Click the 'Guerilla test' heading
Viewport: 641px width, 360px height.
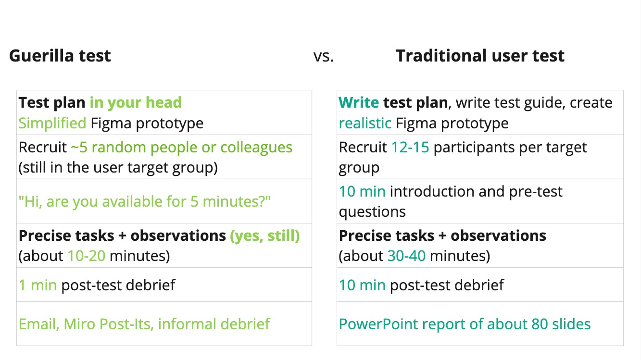[60, 55]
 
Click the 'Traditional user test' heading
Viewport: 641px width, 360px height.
[480, 55]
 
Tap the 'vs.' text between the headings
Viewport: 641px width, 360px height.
[324, 57]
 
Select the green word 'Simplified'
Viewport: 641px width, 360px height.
[52, 124]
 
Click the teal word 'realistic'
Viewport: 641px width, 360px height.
[365, 123]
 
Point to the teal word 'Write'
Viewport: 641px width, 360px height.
[359, 102]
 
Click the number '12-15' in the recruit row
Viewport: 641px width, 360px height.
[410, 148]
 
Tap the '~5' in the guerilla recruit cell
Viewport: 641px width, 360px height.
[79, 148]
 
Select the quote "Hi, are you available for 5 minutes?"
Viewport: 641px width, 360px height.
[145, 201]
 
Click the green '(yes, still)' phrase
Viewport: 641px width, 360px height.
[265, 236]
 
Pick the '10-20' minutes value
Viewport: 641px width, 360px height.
[87, 256]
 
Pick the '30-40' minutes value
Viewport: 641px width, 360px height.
[406, 256]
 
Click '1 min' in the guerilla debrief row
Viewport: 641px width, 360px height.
[38, 285]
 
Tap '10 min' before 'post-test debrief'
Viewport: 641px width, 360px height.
[362, 285]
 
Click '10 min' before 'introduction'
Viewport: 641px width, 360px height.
[362, 191]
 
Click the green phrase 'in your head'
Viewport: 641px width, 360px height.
[136, 103]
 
